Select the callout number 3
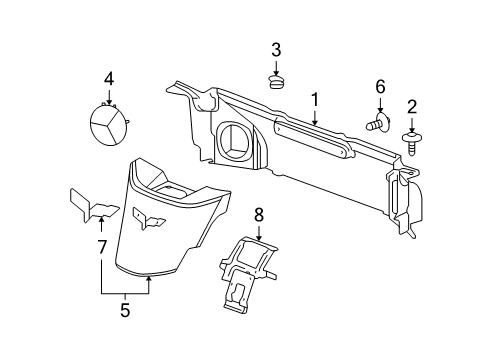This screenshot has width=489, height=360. click(276, 50)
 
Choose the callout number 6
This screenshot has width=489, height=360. click(380, 88)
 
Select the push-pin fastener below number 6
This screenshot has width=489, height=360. click(377, 125)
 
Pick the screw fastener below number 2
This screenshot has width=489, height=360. click(411, 138)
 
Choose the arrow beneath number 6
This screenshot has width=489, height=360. click(380, 105)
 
